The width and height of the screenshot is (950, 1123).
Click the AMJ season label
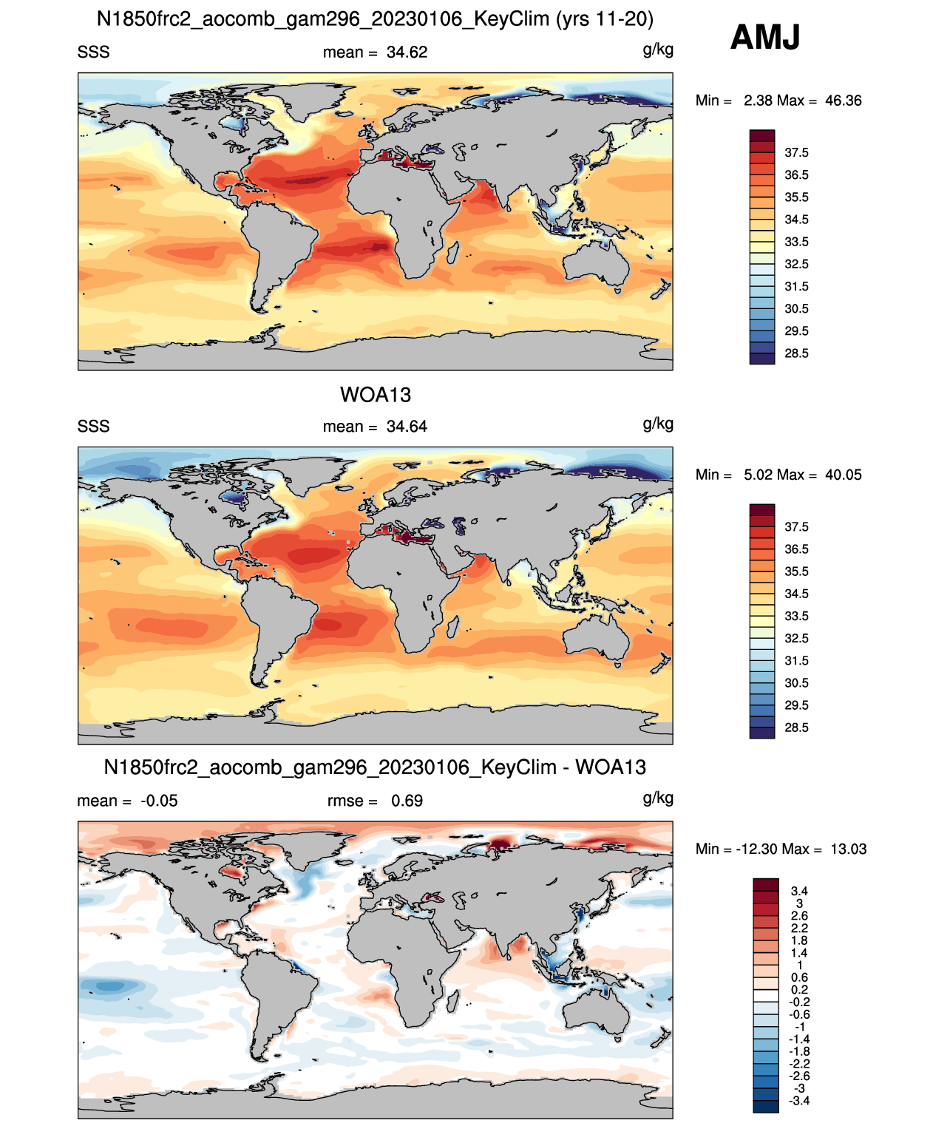click(x=764, y=38)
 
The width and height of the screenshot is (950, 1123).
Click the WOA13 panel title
click(x=376, y=395)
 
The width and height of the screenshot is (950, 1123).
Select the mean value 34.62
click(x=407, y=52)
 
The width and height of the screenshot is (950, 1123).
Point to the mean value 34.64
click(x=407, y=427)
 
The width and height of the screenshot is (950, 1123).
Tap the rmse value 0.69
click(x=407, y=801)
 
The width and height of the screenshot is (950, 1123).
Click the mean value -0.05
click(x=159, y=801)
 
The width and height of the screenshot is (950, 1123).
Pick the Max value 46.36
click(x=843, y=101)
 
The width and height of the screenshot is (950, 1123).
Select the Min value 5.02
click(x=759, y=475)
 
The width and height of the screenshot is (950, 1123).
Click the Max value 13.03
click(x=849, y=849)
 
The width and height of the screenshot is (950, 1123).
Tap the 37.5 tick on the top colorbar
click(x=796, y=153)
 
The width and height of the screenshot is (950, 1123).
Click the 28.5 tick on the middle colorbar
click(x=796, y=727)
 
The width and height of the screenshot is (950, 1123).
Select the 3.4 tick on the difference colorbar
click(x=799, y=890)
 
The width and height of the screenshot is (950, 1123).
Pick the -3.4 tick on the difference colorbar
click(x=799, y=1100)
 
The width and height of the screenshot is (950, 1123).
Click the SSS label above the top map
click(x=93, y=52)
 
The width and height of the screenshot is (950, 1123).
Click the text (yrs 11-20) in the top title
click(x=604, y=19)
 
